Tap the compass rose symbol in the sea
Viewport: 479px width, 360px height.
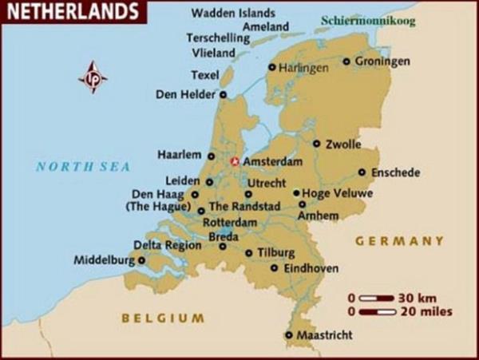point(93,77)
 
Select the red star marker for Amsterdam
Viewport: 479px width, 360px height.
point(235,161)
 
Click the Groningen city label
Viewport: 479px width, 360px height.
point(382,61)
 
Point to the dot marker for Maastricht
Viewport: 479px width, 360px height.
point(288,335)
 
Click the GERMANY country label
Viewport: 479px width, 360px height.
point(399,240)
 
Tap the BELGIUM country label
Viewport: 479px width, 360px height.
point(162,318)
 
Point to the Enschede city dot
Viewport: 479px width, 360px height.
point(362,172)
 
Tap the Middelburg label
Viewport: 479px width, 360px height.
point(104,259)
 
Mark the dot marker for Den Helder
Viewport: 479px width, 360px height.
point(223,94)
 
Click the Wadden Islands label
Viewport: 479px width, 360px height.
point(233,14)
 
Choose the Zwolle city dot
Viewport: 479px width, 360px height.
point(316,144)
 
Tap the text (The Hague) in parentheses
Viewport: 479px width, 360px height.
point(156,207)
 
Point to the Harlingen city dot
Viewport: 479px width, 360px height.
point(271,68)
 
